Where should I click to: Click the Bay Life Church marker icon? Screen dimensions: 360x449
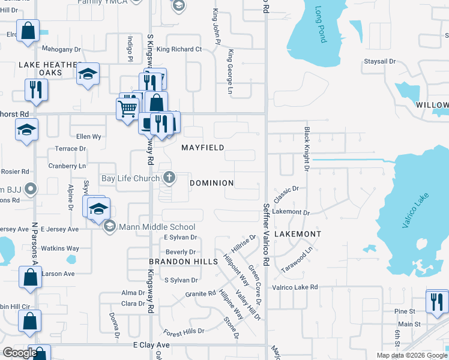click(170, 178)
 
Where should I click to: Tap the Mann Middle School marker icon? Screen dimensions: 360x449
click(109, 226)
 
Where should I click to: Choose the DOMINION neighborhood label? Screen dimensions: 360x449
click(212, 182)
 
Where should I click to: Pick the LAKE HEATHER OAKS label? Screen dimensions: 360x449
click(49, 68)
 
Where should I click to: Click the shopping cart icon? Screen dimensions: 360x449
click(127, 109)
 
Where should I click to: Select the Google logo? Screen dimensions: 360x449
click(20, 353)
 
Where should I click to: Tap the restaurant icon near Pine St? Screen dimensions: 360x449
click(436, 301)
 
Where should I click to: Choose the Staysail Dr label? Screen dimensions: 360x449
click(380, 61)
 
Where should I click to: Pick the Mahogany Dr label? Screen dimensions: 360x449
click(61, 49)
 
